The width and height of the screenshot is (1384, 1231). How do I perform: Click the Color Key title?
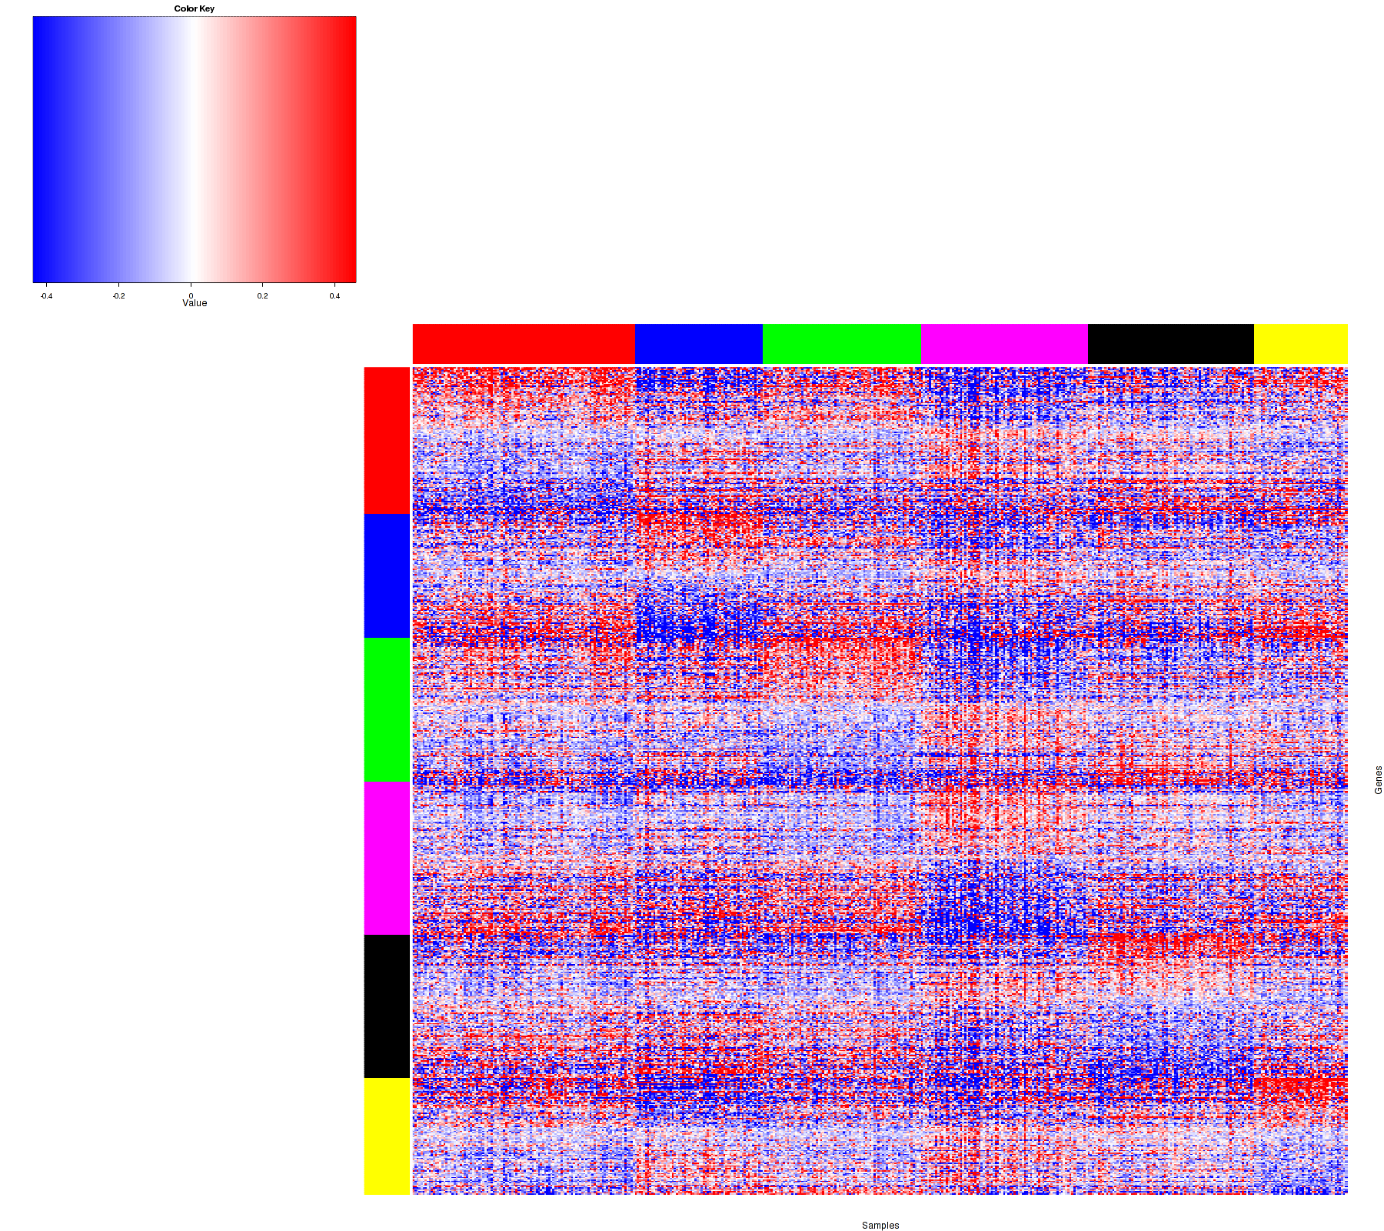click(x=194, y=9)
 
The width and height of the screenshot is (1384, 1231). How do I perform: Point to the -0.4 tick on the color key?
click(x=47, y=295)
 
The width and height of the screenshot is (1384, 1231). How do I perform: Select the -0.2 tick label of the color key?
click(x=118, y=295)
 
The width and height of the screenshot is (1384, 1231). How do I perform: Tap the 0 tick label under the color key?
click(x=191, y=295)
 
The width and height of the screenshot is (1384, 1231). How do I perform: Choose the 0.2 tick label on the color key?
click(x=263, y=295)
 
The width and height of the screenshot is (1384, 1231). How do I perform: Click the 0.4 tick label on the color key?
click(x=334, y=295)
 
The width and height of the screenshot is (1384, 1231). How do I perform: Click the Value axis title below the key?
click(x=195, y=303)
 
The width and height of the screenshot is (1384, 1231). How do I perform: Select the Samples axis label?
click(x=880, y=1225)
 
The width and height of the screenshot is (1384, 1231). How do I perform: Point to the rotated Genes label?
click(x=1378, y=780)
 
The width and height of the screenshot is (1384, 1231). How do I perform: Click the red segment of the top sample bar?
click(x=524, y=344)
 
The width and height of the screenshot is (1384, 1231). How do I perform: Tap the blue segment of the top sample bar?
click(x=698, y=344)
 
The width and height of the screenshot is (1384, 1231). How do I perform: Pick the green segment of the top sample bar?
click(x=841, y=344)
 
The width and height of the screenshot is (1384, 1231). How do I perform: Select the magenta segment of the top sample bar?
click(x=1004, y=344)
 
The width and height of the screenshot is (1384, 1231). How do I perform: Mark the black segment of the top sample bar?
click(x=1171, y=344)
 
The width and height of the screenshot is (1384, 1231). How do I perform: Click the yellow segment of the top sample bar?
click(x=1301, y=344)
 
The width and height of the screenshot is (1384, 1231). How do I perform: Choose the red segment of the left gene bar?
click(x=387, y=440)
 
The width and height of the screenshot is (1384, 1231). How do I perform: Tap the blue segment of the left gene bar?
click(x=387, y=575)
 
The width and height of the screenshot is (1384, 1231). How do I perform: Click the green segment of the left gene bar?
click(x=387, y=709)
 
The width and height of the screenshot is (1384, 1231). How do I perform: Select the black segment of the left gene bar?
click(x=387, y=1006)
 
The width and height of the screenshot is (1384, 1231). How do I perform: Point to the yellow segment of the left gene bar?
click(x=387, y=1136)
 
